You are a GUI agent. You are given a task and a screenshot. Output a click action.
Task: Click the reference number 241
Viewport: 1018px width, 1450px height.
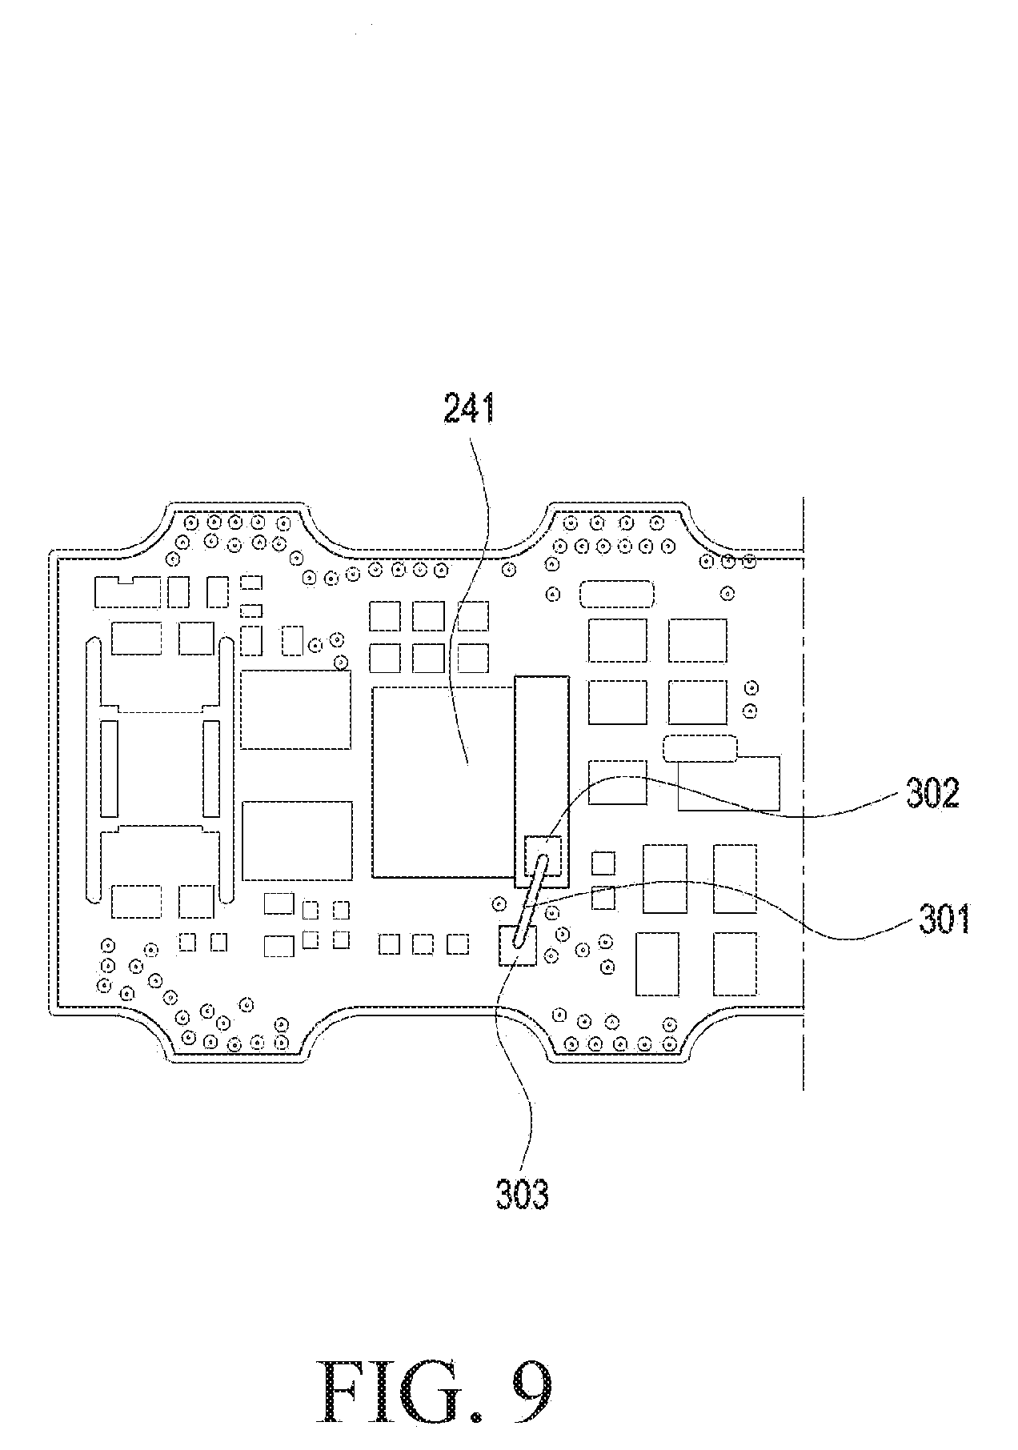[x=470, y=410]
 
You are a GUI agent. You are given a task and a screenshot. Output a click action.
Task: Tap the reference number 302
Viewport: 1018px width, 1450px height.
[x=932, y=794]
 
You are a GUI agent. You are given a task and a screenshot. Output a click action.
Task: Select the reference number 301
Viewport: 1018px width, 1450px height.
[x=944, y=920]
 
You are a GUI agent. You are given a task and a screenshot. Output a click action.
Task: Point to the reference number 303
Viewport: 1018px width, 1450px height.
[x=523, y=1195]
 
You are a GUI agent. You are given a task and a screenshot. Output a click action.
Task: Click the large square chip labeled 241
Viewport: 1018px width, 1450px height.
[x=443, y=780]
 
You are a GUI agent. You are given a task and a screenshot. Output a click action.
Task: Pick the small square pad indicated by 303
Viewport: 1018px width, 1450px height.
[x=517, y=945]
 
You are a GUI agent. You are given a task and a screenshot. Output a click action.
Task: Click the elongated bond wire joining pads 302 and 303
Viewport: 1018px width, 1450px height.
[x=530, y=900]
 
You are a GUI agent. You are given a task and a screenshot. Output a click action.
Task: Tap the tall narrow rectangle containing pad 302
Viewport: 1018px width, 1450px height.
[x=542, y=780]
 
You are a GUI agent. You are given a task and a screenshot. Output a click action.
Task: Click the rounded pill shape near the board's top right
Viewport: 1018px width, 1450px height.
[x=616, y=594]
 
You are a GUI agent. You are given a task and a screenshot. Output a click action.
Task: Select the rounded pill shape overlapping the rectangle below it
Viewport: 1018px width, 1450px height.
[x=700, y=749]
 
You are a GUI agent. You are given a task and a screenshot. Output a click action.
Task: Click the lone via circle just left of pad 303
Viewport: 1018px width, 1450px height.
[x=499, y=903]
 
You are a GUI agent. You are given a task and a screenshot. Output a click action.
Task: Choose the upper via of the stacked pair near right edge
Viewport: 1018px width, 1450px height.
[x=750, y=688]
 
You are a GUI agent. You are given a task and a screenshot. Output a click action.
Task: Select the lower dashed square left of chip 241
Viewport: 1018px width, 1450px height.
[x=296, y=840]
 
